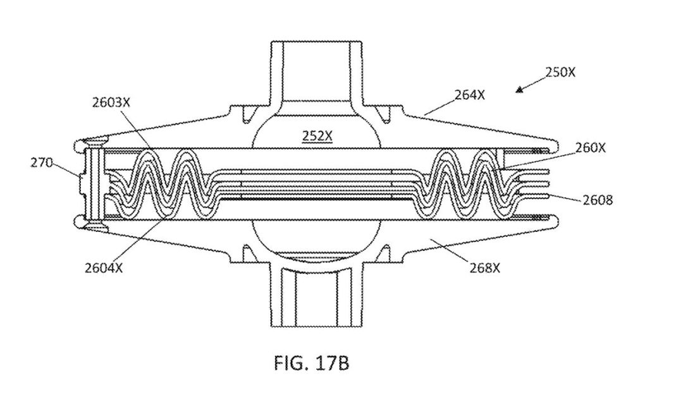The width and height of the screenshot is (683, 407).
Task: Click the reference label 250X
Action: (x=560, y=72)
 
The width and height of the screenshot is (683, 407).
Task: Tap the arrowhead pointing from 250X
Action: (x=519, y=90)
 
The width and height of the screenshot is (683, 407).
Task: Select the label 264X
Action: (x=469, y=95)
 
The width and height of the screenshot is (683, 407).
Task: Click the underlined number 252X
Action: (x=317, y=137)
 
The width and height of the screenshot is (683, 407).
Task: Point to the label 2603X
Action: (x=111, y=102)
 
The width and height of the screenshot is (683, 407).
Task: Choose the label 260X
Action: (x=590, y=148)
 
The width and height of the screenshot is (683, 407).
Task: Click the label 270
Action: (x=41, y=163)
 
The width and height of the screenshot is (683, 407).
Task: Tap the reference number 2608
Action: (x=598, y=200)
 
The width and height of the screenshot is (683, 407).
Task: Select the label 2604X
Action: (x=104, y=268)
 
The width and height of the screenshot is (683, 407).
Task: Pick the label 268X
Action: (x=484, y=268)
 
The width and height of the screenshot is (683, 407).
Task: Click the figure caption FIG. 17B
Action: (x=311, y=363)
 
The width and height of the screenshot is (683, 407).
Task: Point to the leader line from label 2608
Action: (x=564, y=197)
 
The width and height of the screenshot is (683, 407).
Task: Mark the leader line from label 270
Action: (x=66, y=170)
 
